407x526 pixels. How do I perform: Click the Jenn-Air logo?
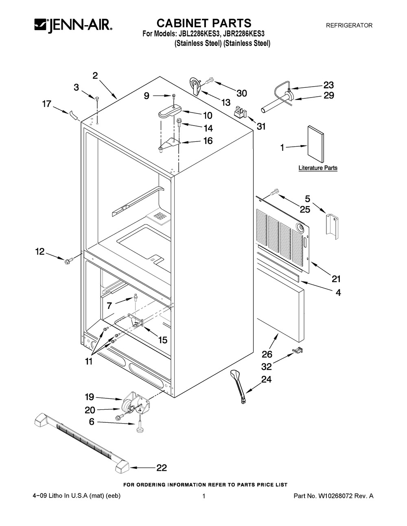[x=73, y=26]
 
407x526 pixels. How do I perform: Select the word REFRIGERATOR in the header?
[x=349, y=25]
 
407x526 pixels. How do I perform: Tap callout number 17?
[x=47, y=104]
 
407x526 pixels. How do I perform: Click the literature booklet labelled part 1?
[x=315, y=144]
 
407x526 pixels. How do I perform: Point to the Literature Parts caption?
[x=318, y=167]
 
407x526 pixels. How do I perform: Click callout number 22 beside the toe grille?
[x=162, y=467]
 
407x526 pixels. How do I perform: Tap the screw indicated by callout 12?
[x=68, y=261]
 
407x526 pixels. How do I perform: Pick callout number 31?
[x=261, y=126]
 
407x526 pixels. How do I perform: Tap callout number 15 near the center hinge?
[x=163, y=340]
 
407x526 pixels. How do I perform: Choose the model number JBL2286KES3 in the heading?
[x=195, y=34]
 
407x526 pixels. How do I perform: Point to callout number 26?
[x=267, y=354]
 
